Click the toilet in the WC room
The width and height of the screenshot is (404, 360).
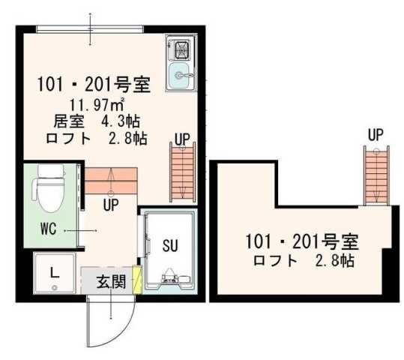click(x=49, y=189)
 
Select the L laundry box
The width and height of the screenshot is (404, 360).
click(x=54, y=273)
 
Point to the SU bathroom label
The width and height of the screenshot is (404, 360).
click(x=169, y=244)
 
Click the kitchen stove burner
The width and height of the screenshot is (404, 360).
click(x=181, y=52)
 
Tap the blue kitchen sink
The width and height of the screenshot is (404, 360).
click(x=180, y=74)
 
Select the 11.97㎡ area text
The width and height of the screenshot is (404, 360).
click(x=97, y=104)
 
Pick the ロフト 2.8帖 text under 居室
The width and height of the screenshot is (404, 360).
click(x=96, y=138)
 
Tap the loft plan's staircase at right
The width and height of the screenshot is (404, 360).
click(x=377, y=175)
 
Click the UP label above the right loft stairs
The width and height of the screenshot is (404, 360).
click(x=376, y=135)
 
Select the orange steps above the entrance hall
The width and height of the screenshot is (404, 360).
click(x=111, y=180)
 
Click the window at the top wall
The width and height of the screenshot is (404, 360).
click(x=90, y=28)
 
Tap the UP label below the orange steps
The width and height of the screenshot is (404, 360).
click(x=111, y=204)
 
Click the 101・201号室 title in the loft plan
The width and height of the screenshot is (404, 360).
click(x=302, y=242)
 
